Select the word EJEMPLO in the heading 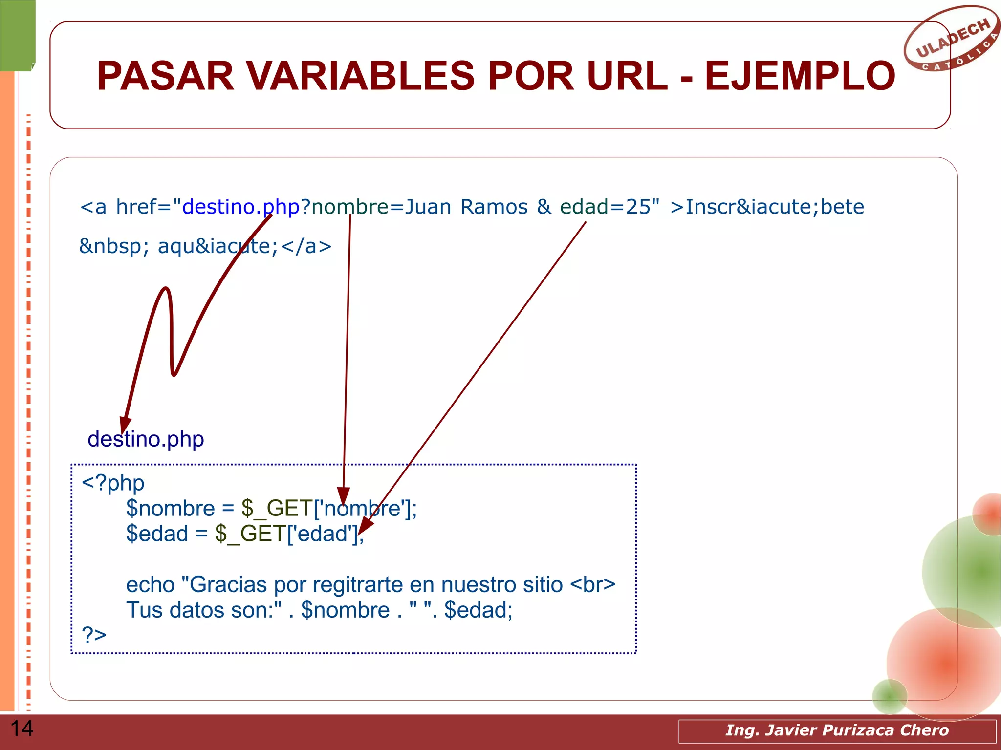pyautogui.click(x=800, y=76)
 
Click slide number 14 pyautogui.click(x=22, y=729)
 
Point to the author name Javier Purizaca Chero pyautogui.click(x=837, y=730)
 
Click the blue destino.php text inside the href pyautogui.click(x=240, y=207)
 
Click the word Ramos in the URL pyautogui.click(x=494, y=207)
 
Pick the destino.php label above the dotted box pyautogui.click(x=146, y=439)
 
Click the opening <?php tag pyautogui.click(x=113, y=483)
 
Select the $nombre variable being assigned pyautogui.click(x=170, y=509)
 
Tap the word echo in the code pyautogui.click(x=150, y=584)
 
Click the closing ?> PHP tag pyautogui.click(x=94, y=634)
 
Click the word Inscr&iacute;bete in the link pyautogui.click(x=774, y=207)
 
